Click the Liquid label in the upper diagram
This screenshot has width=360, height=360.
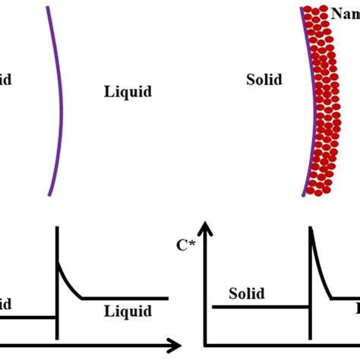[x=128, y=92]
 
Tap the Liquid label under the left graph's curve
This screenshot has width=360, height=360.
[x=128, y=311]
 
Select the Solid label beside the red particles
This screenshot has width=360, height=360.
[x=264, y=79]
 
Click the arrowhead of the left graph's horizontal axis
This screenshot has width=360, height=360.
[x=175, y=343]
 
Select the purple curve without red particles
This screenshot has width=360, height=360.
[x=59, y=99]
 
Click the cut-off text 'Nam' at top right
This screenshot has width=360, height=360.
[x=345, y=12]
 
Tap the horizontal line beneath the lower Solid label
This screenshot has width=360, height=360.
[x=258, y=307]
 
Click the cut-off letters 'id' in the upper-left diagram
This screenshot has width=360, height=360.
[x=5, y=79]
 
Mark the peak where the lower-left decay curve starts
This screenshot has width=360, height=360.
[x=58, y=262]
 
